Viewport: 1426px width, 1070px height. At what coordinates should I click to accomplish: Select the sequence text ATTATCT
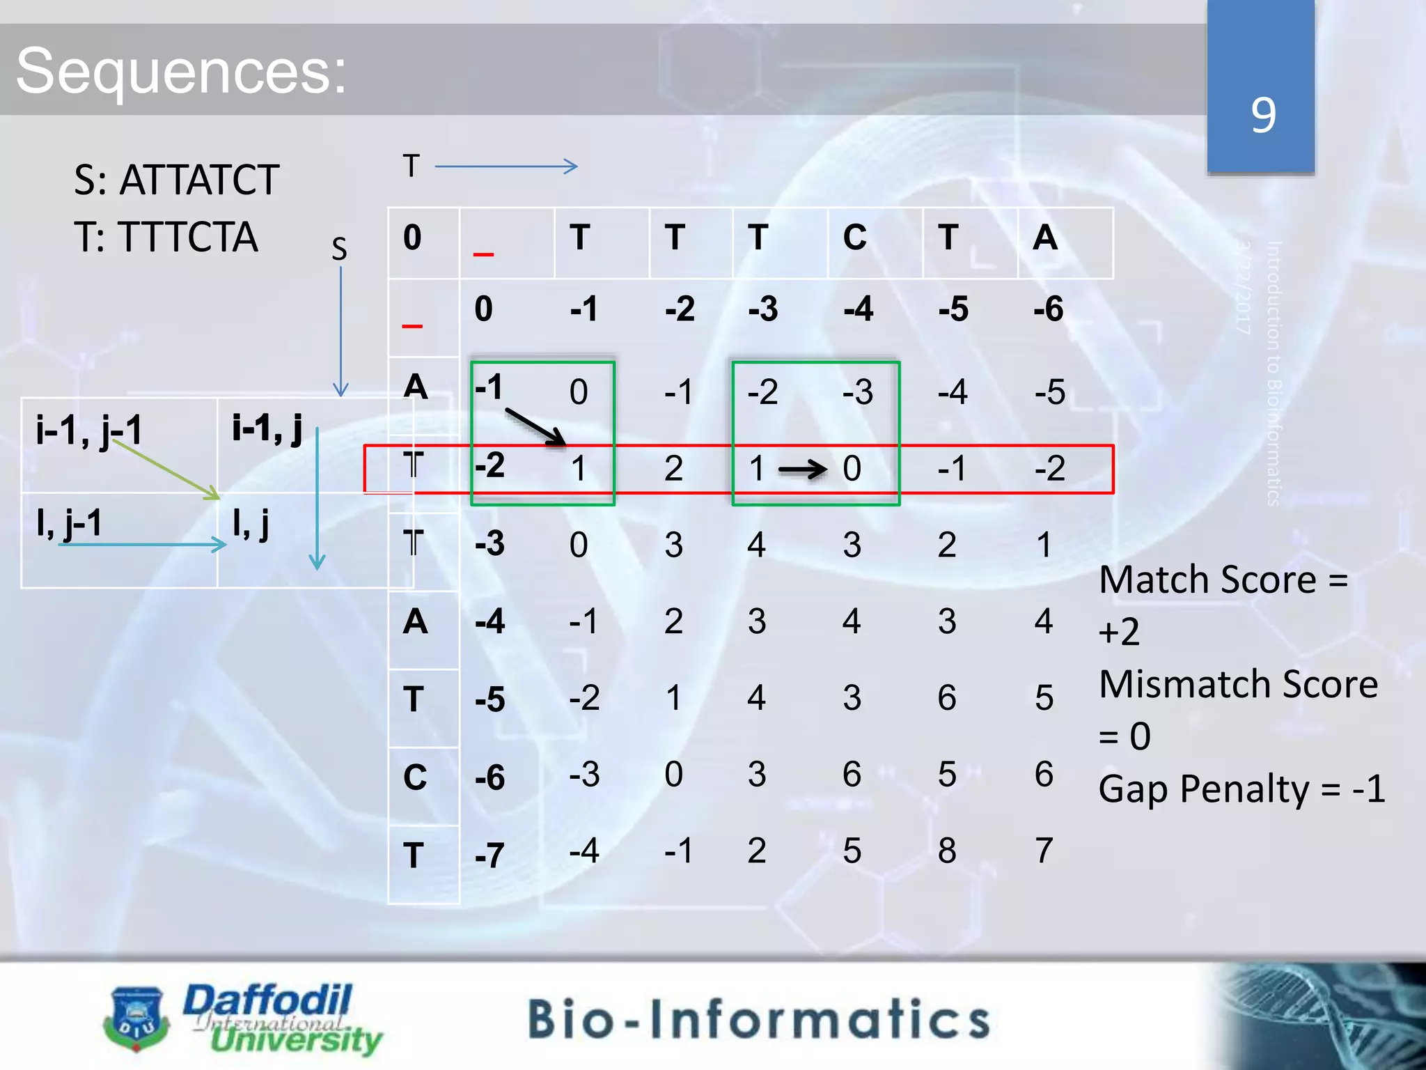pyautogui.click(x=199, y=180)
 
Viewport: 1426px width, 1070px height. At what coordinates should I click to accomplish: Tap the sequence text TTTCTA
pyautogui.click(x=188, y=237)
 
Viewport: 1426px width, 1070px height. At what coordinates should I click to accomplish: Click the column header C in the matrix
pyautogui.click(x=854, y=238)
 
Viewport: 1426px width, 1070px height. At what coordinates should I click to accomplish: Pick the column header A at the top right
pyautogui.click(x=1044, y=238)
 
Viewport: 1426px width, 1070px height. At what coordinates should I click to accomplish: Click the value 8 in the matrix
pyautogui.click(x=947, y=851)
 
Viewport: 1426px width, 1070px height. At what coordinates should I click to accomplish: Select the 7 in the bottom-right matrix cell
pyautogui.click(x=1043, y=851)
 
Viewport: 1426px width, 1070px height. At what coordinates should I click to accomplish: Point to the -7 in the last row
pyautogui.click(x=489, y=855)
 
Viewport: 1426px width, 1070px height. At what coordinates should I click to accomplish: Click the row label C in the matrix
pyautogui.click(x=415, y=777)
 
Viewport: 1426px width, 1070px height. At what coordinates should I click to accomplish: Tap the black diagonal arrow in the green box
pyautogui.click(x=535, y=427)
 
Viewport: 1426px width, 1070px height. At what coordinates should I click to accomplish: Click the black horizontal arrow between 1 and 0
pyautogui.click(x=802, y=470)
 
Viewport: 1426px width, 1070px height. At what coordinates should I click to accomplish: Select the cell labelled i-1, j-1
pyautogui.click(x=89, y=430)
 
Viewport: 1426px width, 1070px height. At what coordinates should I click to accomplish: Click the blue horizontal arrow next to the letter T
pyautogui.click(x=506, y=166)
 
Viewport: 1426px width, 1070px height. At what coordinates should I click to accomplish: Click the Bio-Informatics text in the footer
pyautogui.click(x=759, y=1019)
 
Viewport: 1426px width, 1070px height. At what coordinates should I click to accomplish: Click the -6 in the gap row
pyautogui.click(x=1048, y=309)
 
